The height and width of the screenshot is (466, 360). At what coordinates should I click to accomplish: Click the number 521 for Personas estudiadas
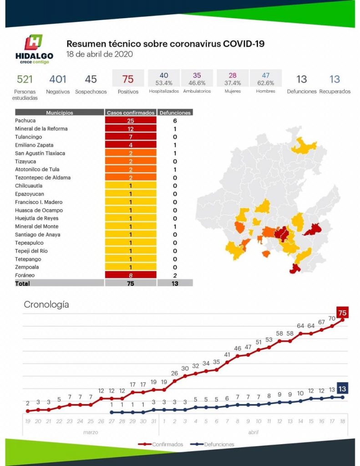(x=25, y=79)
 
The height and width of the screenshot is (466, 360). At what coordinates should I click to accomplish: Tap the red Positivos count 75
(x=128, y=79)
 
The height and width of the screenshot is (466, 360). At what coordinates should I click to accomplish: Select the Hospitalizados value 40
(x=164, y=76)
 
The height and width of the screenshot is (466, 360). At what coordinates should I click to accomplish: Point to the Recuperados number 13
(x=335, y=79)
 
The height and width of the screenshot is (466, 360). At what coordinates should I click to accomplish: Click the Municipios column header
(x=59, y=112)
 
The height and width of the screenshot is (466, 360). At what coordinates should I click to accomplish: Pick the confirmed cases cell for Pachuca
(x=131, y=121)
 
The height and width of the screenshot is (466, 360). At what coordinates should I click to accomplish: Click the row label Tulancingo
(x=28, y=137)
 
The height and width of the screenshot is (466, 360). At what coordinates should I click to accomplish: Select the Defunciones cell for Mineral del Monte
(x=175, y=227)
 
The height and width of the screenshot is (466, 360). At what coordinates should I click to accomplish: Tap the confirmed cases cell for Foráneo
(x=131, y=275)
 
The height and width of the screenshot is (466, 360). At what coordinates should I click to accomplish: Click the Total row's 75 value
(x=131, y=283)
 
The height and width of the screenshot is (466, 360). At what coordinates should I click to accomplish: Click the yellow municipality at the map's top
(x=304, y=146)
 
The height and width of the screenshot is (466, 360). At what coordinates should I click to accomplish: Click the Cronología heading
(x=46, y=304)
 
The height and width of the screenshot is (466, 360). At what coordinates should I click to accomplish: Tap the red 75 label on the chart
(x=343, y=313)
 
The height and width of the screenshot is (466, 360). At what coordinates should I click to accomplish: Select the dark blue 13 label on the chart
(x=343, y=389)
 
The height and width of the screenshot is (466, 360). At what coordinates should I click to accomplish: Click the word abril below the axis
(x=254, y=432)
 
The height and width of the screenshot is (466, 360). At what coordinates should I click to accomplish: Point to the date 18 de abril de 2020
(x=99, y=54)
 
